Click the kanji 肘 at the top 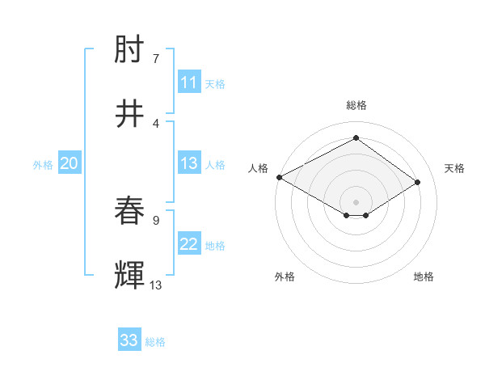(x=130, y=53)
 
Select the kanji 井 (x=130, y=115)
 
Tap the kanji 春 (x=130, y=213)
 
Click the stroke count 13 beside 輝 (x=156, y=284)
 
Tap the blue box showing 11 (x=189, y=82)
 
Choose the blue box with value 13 (x=189, y=163)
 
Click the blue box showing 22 (x=189, y=244)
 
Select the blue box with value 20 (x=70, y=163)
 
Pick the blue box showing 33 (x=129, y=340)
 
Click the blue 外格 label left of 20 (x=43, y=165)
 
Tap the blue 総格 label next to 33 (x=155, y=342)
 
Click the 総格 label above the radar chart (x=356, y=105)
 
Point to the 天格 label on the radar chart (x=454, y=168)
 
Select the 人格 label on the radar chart (x=257, y=168)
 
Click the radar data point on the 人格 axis (x=279, y=176)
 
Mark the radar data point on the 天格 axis (x=417, y=183)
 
